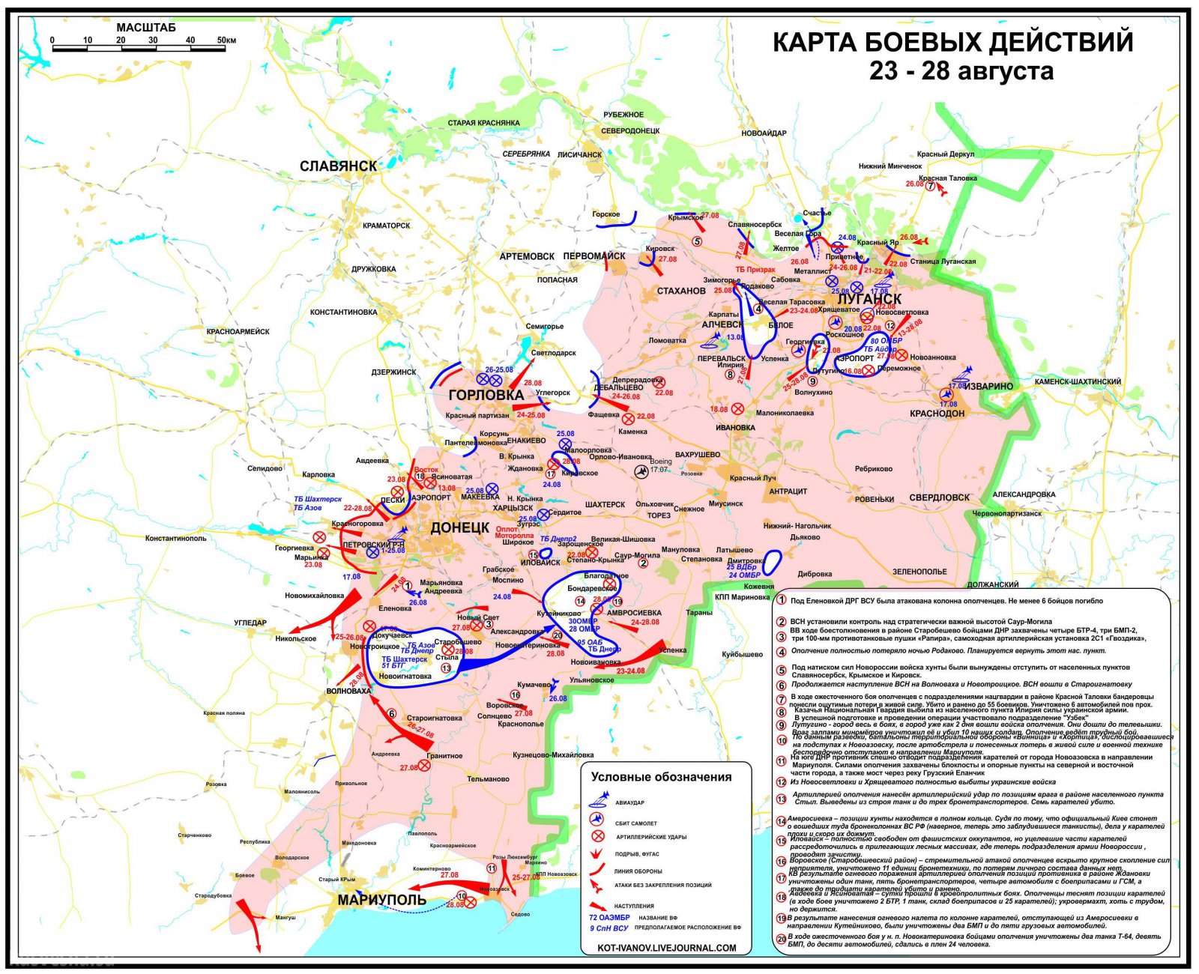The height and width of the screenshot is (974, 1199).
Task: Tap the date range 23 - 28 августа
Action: click(x=961, y=71)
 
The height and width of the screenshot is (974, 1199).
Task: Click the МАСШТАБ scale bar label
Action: click(x=146, y=28)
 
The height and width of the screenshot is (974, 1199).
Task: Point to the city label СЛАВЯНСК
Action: click(x=338, y=166)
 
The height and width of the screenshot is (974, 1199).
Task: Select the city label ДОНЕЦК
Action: click(x=459, y=528)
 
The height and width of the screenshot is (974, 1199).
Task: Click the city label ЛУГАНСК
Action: click(x=869, y=299)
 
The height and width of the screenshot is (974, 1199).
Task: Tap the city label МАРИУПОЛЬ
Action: click(x=381, y=900)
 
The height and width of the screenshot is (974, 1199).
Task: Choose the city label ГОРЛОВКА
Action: click(x=486, y=395)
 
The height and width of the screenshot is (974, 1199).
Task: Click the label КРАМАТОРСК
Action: click(x=386, y=226)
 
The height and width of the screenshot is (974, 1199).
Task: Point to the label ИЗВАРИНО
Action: click(x=988, y=387)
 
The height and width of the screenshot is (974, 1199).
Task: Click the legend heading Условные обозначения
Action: click(x=661, y=777)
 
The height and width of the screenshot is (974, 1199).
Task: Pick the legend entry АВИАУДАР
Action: click(x=629, y=802)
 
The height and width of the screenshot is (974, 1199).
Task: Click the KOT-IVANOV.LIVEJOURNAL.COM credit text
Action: click(x=666, y=948)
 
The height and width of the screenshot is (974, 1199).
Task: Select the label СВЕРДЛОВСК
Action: click(x=939, y=497)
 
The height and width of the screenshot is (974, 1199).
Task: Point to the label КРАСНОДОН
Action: click(x=937, y=414)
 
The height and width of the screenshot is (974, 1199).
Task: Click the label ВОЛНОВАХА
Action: click(x=348, y=691)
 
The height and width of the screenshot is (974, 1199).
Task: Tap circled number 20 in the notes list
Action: click(x=781, y=938)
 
